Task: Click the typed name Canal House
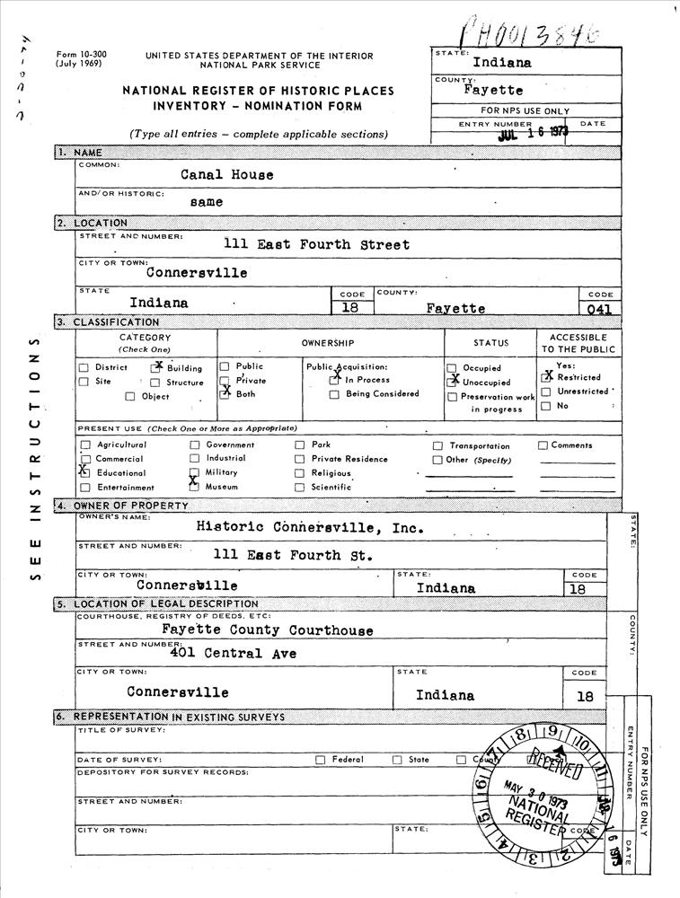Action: [226, 174]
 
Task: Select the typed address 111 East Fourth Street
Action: [316, 244]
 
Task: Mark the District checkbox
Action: [84, 367]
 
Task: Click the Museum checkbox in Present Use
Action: [194, 486]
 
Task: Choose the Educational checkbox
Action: [84, 471]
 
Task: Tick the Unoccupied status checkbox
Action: [452, 382]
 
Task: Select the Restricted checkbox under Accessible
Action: [546, 377]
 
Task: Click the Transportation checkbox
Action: [437, 445]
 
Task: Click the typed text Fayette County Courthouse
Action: [267, 630]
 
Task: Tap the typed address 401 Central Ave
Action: [233, 653]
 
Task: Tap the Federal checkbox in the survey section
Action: [320, 760]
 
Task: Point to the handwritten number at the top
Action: [530, 33]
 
